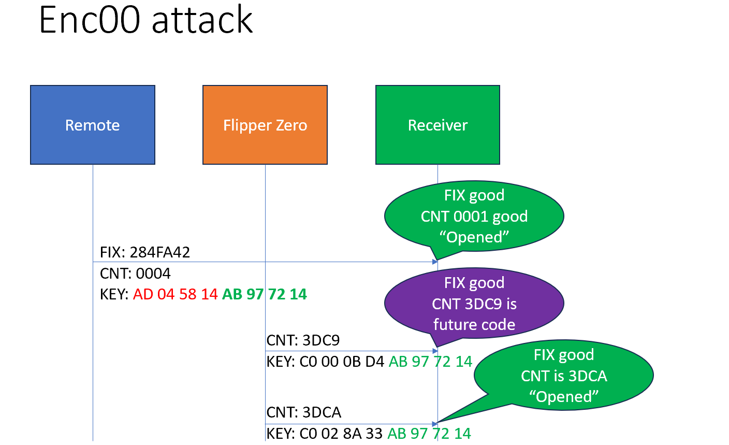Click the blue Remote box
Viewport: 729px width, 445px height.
point(93,125)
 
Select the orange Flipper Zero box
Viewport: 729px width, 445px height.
point(265,125)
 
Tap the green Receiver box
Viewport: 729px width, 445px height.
point(438,125)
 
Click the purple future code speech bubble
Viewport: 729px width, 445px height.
point(474,304)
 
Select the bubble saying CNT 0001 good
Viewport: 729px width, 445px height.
point(474,216)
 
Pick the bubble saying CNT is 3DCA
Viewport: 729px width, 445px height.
point(563,375)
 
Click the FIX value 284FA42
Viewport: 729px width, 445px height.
point(160,252)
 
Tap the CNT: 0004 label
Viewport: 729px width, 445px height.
point(135,274)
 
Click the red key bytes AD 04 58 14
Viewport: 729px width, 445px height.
point(175,294)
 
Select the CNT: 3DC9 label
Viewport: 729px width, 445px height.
point(303,340)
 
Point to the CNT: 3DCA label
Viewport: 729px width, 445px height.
point(304,412)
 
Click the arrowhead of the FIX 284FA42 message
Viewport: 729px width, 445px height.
point(435,262)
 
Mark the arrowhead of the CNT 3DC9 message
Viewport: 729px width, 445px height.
point(435,351)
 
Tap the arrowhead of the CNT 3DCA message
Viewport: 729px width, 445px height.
point(435,424)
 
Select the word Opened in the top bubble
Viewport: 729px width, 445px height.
point(474,237)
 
